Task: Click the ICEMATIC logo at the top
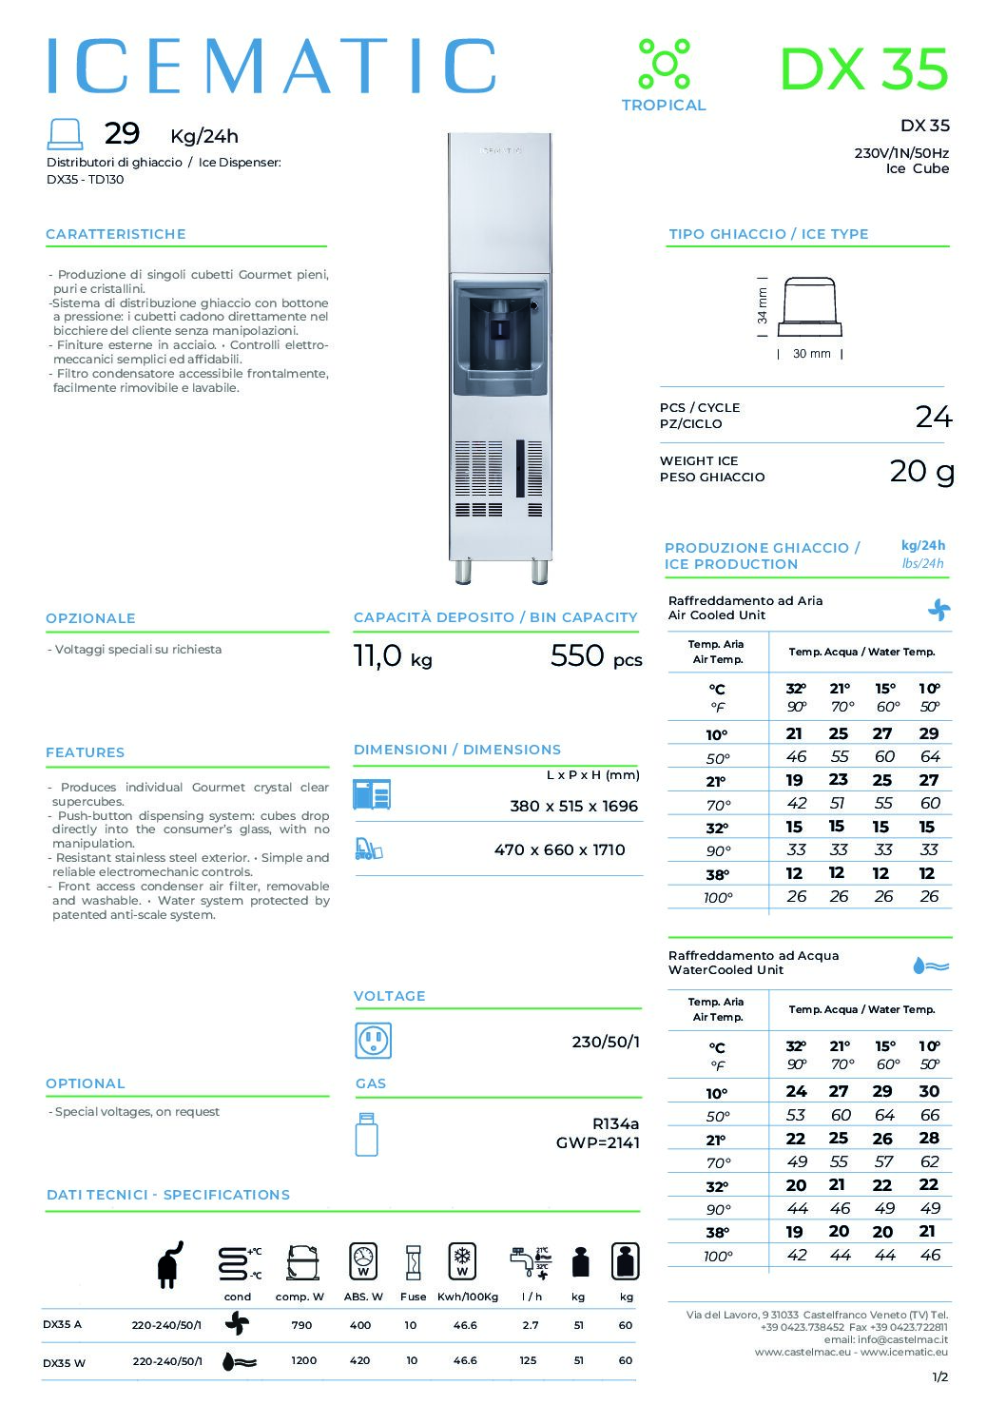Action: coord(271,67)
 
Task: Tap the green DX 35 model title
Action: coord(863,69)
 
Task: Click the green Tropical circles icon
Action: coord(664,64)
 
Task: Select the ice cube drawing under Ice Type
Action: coord(810,307)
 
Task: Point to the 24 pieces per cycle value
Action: coord(933,417)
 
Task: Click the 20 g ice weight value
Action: coord(921,471)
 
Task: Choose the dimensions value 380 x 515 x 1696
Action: coord(573,806)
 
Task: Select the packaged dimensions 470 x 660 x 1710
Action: coord(559,849)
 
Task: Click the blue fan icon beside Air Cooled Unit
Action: coord(938,609)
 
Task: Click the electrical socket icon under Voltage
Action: coord(373,1042)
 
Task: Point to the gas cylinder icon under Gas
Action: coord(366,1134)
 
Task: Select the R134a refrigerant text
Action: coord(615,1123)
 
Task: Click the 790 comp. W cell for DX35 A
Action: coord(301,1325)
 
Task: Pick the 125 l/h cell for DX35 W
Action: coord(528,1360)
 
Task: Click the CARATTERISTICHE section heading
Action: coord(116,234)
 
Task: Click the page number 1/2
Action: coord(939,1376)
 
